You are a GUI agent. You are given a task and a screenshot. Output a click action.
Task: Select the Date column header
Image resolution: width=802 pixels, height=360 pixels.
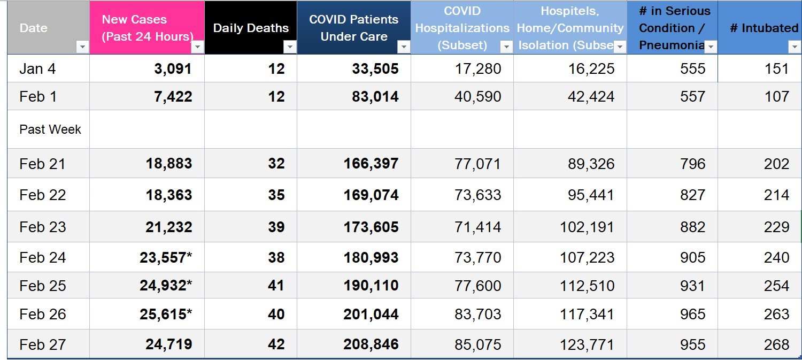click(34, 28)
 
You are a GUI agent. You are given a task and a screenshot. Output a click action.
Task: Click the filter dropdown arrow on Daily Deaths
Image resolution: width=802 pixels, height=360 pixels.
click(290, 47)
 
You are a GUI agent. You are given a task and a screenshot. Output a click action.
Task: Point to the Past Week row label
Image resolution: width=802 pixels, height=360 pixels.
click(50, 129)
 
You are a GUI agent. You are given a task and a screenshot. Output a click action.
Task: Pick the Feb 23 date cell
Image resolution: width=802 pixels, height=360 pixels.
click(43, 227)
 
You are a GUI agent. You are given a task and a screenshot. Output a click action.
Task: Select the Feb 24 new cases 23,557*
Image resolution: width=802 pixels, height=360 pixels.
click(165, 257)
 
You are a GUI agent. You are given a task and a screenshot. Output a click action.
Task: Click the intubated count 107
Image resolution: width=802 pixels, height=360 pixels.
click(776, 97)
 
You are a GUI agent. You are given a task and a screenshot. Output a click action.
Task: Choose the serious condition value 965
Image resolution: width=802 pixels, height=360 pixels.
click(692, 314)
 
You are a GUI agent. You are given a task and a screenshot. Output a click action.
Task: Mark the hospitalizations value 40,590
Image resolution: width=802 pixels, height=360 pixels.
click(478, 97)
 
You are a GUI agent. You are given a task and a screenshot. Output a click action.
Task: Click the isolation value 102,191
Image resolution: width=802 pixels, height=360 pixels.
click(587, 227)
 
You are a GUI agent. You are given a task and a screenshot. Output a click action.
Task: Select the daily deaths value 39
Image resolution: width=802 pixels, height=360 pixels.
click(276, 227)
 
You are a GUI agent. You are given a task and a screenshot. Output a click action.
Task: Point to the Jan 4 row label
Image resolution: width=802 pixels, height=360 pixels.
click(37, 68)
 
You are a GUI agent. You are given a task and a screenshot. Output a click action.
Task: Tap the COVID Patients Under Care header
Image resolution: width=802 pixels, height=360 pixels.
click(353, 28)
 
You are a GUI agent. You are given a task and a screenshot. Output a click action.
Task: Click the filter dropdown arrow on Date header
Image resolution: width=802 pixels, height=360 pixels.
click(82, 47)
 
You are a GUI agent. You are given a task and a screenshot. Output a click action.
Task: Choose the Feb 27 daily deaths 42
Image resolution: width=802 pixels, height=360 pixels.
click(276, 344)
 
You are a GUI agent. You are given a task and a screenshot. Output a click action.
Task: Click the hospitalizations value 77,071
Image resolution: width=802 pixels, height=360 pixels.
click(478, 164)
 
